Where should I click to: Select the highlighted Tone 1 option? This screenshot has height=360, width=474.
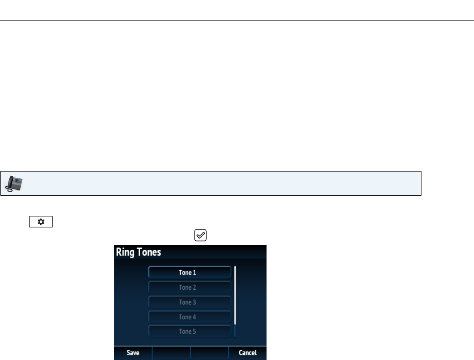(189, 273)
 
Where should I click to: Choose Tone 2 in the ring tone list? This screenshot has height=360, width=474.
(189, 288)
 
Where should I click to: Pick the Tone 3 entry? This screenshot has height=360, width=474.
(189, 302)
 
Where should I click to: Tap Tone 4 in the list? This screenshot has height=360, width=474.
(189, 317)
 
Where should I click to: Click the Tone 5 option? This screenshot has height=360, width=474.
(189, 332)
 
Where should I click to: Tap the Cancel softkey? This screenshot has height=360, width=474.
(248, 353)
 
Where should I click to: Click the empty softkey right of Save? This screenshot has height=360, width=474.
(171, 353)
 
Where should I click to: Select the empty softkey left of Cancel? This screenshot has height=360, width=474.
(209, 353)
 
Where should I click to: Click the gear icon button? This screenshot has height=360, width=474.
(41, 222)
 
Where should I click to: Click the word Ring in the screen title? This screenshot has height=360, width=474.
(126, 252)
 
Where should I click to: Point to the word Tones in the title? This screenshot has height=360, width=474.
(149, 252)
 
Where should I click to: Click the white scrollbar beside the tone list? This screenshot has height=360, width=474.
(235, 295)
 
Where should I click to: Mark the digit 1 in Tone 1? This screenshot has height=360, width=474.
(194, 273)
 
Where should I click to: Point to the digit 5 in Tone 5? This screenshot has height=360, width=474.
(194, 332)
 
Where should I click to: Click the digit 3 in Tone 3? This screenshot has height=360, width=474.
(194, 302)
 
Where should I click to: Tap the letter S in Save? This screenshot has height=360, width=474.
(128, 353)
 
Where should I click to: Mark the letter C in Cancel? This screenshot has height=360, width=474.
(241, 353)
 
